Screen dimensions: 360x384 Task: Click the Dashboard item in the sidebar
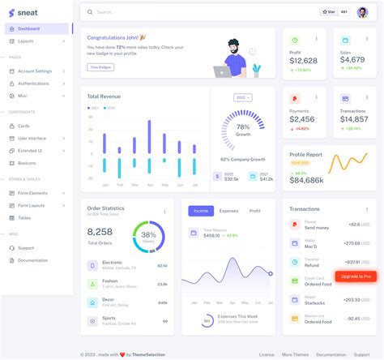(x=30, y=28)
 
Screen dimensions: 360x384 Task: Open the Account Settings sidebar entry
(x=36, y=71)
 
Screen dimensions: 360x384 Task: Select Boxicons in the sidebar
(x=28, y=163)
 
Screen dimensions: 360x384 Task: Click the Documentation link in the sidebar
(x=33, y=260)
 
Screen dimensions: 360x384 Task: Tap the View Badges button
(x=100, y=66)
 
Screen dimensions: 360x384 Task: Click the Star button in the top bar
(x=327, y=12)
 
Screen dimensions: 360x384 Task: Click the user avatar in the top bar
(x=362, y=12)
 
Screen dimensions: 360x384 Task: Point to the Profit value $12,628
(x=303, y=60)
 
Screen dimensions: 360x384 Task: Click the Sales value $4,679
(x=352, y=59)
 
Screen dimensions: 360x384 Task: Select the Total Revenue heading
(x=104, y=96)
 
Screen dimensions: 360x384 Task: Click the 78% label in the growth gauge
(x=243, y=127)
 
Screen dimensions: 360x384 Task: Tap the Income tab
(x=201, y=211)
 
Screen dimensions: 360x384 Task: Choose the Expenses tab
(x=228, y=211)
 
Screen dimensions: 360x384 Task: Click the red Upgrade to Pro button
(x=356, y=276)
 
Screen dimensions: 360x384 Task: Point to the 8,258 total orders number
(x=100, y=231)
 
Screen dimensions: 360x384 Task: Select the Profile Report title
(x=306, y=153)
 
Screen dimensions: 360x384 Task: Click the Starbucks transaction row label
(x=315, y=302)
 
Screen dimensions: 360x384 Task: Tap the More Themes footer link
(x=294, y=354)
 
